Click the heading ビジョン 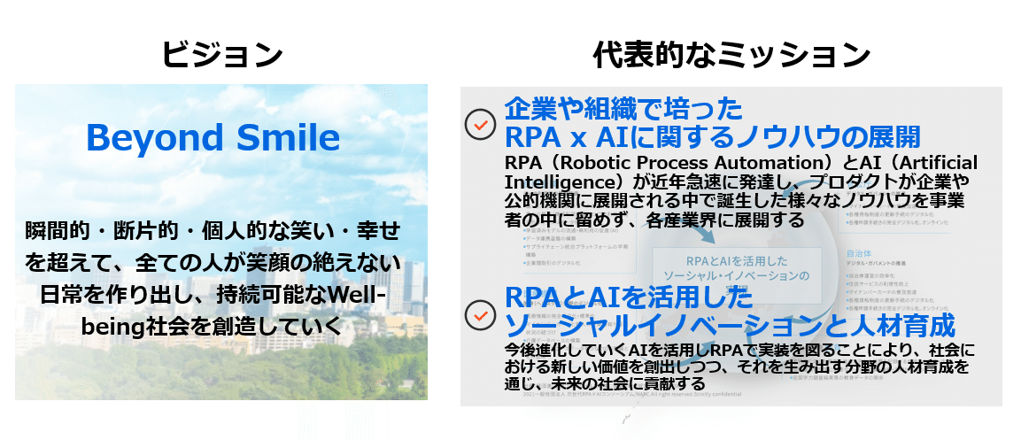click(221, 55)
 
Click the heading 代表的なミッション click(731, 55)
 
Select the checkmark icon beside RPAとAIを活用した click(480, 314)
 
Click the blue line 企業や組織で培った click(623, 110)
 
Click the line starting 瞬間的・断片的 click(213, 232)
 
